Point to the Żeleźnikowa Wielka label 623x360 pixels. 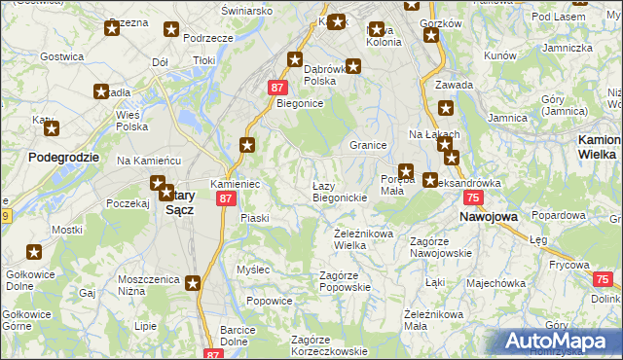point(363,238)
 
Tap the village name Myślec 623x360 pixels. point(253,269)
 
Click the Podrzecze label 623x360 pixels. point(207,37)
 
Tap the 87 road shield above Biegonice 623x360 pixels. point(275,88)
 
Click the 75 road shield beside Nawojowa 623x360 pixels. point(472,198)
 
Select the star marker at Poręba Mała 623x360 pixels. point(406,171)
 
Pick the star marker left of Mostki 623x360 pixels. point(35,253)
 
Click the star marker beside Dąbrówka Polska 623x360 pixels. point(353,66)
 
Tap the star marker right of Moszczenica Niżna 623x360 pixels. point(193,283)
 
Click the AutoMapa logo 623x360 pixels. point(560,342)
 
